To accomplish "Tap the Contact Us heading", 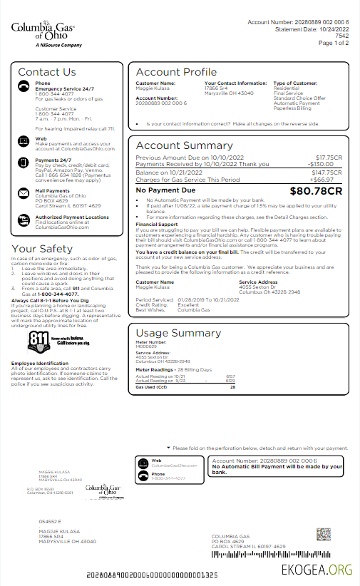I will [46, 72].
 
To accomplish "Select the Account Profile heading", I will [176, 72].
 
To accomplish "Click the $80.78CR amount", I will [316, 191].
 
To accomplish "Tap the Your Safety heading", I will [43, 248].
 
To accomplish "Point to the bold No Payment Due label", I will [165, 191].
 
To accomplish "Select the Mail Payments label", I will [53, 191].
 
